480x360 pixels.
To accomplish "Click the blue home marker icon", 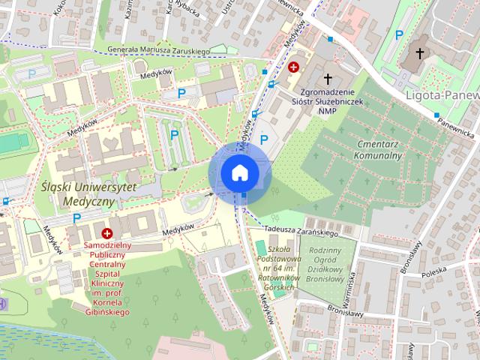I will coord(239,173).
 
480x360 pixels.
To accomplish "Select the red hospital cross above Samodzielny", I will coord(107,234).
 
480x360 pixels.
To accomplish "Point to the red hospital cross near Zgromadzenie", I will coord(294,66).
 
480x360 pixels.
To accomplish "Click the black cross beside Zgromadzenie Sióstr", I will coord(328,78).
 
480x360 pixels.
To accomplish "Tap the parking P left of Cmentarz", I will coord(263,139).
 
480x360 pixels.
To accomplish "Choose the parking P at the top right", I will coord(400,34).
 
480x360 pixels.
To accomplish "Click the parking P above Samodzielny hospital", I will coord(76,218).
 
